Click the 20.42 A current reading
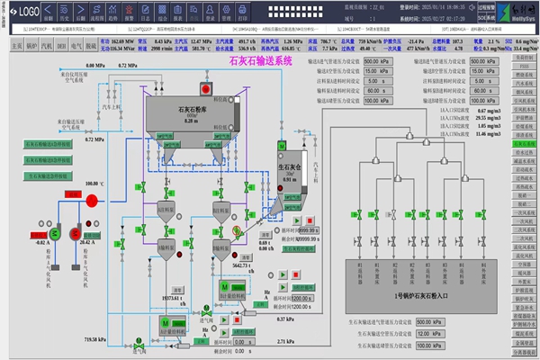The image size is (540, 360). [x=87, y=243]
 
